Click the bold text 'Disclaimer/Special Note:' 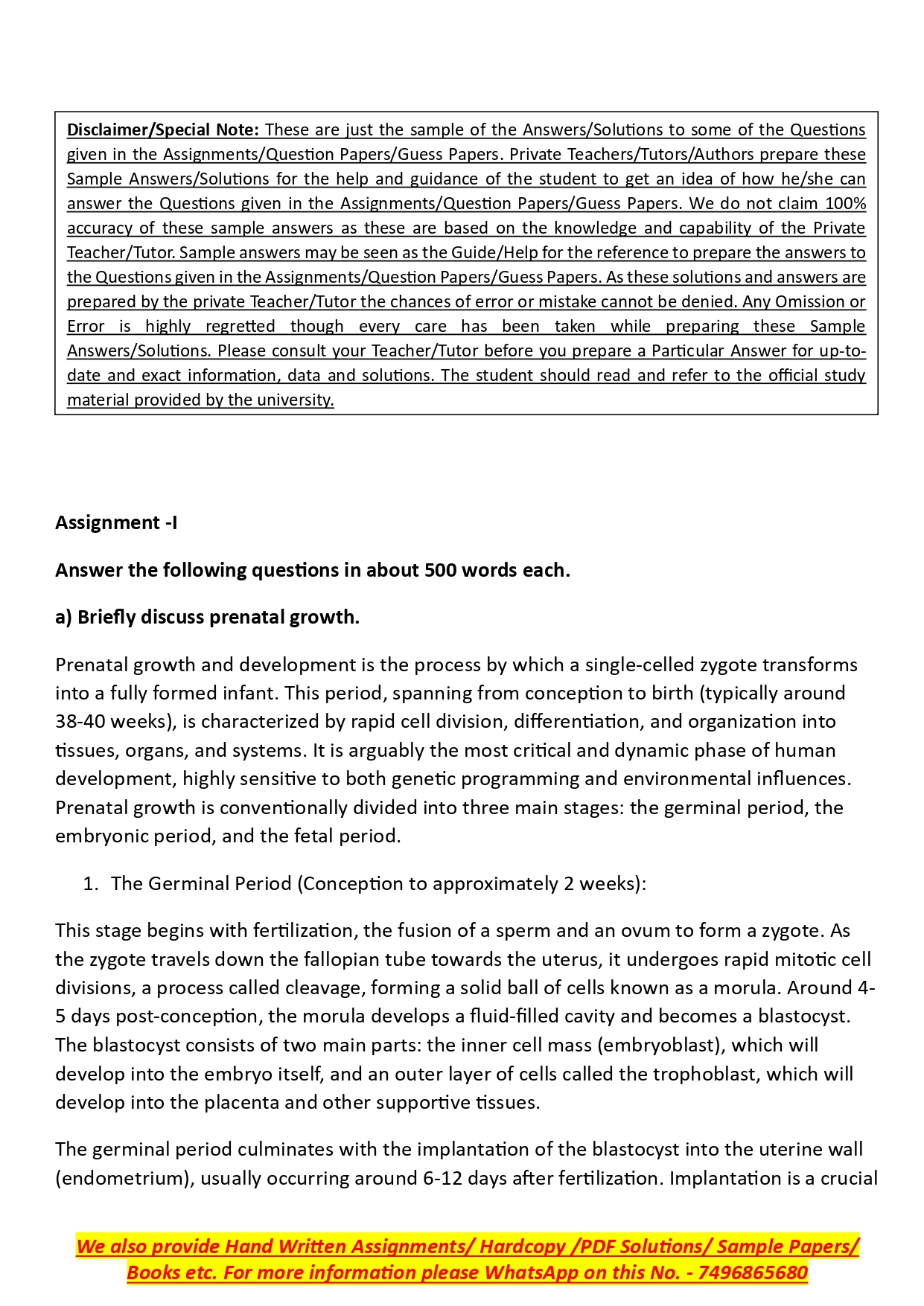(162, 130)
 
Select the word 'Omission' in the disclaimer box (809, 302)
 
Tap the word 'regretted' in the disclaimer (240, 327)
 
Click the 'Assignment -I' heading (116, 523)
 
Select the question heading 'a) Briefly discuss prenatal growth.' (207, 618)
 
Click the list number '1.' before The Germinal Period (90, 884)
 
